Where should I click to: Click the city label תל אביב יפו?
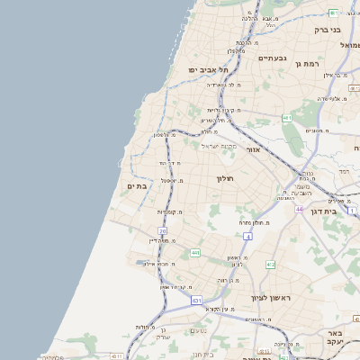208,69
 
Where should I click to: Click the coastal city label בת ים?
137,186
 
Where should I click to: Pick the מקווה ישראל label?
218,146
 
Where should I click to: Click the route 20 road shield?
163,231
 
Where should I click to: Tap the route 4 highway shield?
247,236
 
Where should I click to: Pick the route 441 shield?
195,253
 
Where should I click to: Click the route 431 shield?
196,300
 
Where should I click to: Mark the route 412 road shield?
271,264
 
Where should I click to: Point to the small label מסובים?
315,130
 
